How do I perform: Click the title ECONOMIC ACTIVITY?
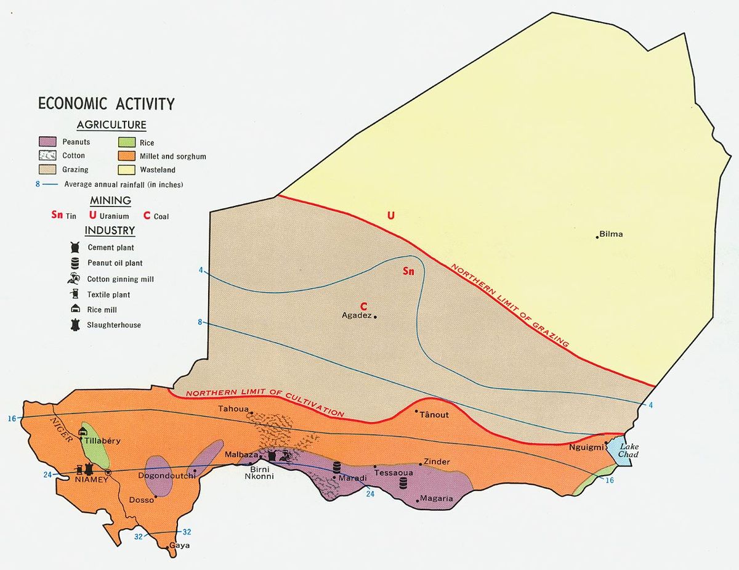pyautogui.click(x=106, y=104)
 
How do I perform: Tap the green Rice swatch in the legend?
pyautogui.click(x=126, y=142)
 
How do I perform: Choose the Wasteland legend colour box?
pyautogui.click(x=126, y=169)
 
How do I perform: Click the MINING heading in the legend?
pyautogui.click(x=110, y=200)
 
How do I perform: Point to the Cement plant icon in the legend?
pyautogui.click(x=75, y=248)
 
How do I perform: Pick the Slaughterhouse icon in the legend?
pyautogui.click(x=75, y=325)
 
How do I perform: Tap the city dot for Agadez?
pyautogui.click(x=375, y=317)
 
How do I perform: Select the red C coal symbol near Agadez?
pyautogui.click(x=363, y=306)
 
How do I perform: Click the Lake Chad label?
pyautogui.click(x=629, y=450)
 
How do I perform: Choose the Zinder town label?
pyautogui.click(x=437, y=462)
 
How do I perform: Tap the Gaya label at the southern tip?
pyautogui.click(x=180, y=546)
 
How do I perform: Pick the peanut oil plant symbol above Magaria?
pyautogui.click(x=403, y=482)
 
